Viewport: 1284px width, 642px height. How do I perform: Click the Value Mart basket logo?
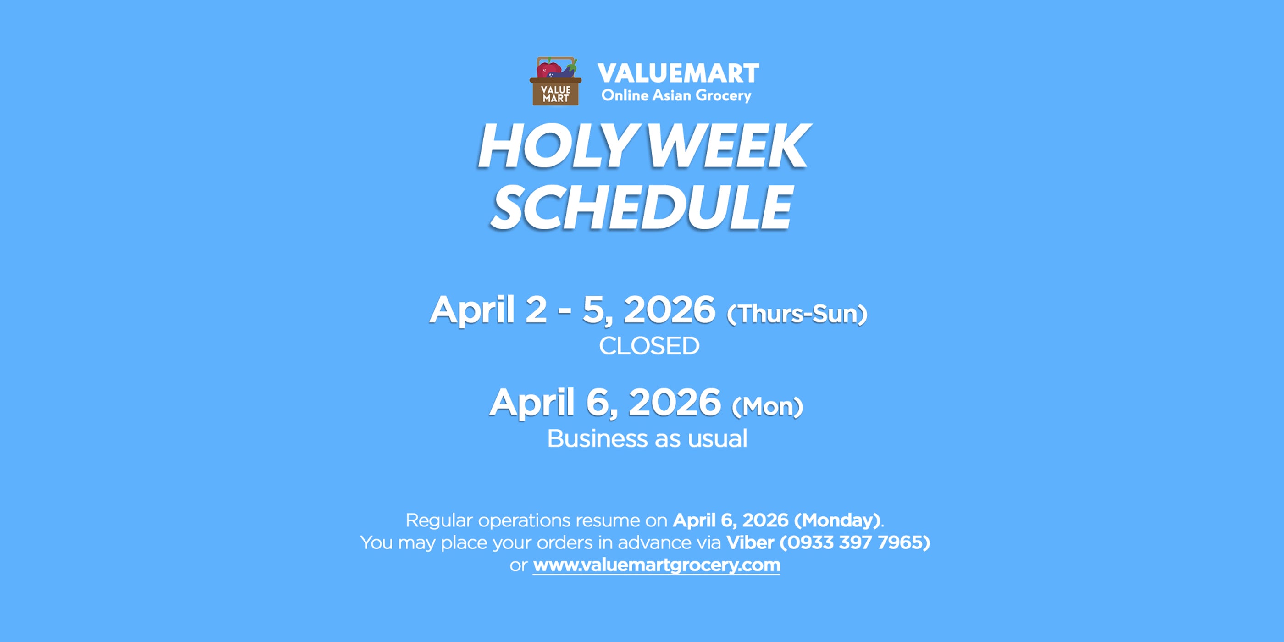555,81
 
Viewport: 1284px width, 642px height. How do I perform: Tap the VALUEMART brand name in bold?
678,73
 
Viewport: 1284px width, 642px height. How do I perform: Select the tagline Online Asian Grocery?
676,95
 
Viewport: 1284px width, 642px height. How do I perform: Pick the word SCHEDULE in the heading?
642,207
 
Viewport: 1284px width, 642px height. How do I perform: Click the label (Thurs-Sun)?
797,314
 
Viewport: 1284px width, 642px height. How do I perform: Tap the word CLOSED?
649,346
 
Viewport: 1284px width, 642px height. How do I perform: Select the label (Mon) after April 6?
767,407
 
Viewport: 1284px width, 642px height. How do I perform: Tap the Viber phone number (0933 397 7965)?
855,542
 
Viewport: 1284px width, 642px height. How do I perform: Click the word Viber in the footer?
750,542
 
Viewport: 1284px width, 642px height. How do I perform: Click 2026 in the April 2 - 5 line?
670,310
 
